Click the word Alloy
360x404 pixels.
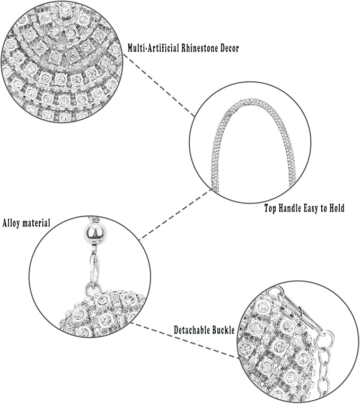click(x=13, y=223)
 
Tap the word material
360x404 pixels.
click(x=37, y=223)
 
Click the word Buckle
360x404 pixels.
click(x=224, y=330)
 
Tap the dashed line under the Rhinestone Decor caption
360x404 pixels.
click(x=162, y=85)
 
